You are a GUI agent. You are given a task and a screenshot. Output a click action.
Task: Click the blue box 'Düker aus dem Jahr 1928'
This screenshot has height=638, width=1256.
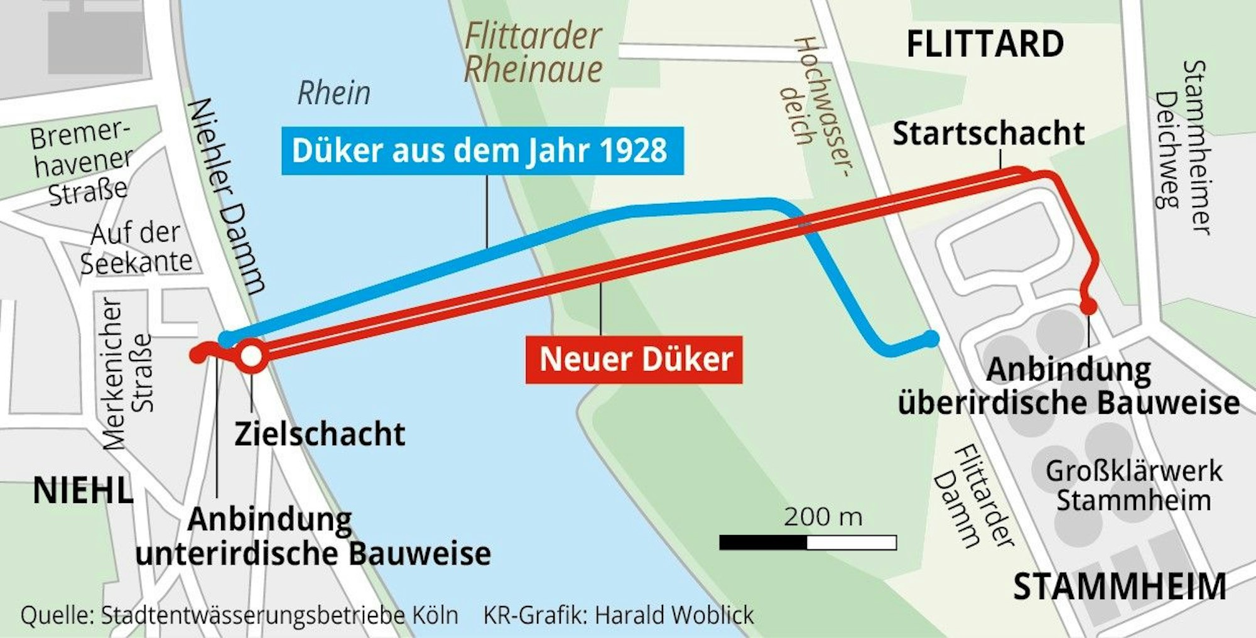coord(482,151)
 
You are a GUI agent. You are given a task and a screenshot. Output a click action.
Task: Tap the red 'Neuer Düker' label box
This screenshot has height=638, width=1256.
coord(634,360)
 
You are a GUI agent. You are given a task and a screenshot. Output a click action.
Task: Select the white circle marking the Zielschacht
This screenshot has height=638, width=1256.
coord(251,356)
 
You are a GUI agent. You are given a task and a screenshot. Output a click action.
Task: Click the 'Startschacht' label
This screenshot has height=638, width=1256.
coord(988,134)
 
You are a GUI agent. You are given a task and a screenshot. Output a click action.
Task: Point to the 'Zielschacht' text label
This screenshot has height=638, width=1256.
coord(320,434)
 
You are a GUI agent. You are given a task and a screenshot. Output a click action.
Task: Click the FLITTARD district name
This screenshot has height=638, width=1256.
coord(985,44)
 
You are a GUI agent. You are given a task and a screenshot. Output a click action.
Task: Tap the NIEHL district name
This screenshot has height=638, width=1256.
coord(83,490)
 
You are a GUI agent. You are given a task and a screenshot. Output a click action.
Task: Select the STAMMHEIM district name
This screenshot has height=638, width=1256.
coord(1119,587)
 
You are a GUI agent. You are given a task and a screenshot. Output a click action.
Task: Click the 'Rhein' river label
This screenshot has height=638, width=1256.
coord(333,94)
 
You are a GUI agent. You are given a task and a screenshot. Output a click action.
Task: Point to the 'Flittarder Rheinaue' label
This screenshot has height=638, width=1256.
coord(533,53)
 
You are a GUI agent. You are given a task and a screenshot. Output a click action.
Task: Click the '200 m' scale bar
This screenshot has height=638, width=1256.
coord(808,542)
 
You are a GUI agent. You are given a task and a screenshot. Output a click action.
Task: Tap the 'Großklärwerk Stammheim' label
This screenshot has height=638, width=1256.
coord(1134,485)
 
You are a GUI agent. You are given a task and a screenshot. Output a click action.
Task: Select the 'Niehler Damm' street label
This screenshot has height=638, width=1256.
coord(227,195)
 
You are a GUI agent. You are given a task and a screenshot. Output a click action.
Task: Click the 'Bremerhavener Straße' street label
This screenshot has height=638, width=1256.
coord(82,163)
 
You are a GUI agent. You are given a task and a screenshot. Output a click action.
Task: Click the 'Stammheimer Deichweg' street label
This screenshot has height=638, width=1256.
coord(1182,148)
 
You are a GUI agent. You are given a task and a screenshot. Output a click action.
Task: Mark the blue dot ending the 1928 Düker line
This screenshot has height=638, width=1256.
coord(933,338)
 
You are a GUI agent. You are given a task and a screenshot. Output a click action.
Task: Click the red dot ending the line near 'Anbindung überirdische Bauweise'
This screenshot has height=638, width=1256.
coord(1088,307)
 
